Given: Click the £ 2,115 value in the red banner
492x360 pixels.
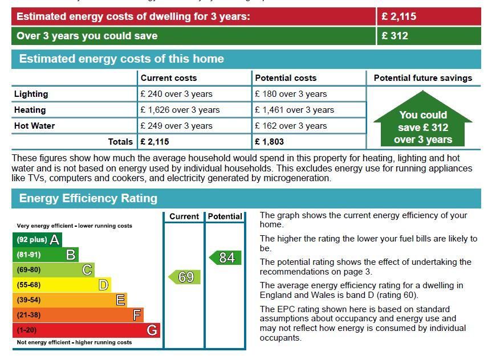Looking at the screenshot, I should [399, 17].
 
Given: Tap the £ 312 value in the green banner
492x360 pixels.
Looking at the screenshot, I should [395, 36].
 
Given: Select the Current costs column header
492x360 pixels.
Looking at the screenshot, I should [169, 78].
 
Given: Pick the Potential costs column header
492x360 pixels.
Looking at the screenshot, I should [286, 78].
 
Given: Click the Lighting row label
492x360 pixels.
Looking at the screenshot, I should [31, 94].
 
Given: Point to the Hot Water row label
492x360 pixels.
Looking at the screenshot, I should [35, 126].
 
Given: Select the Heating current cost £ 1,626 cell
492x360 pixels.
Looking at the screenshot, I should [180, 110].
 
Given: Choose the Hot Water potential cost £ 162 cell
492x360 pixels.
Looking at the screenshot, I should [291, 126].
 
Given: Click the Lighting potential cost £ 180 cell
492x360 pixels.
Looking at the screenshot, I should [291, 94].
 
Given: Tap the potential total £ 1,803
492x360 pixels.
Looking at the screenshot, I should [269, 142].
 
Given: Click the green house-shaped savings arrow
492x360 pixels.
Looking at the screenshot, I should [422, 126].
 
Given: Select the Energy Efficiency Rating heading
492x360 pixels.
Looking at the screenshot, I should [88, 198].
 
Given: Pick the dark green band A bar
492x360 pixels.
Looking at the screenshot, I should [36, 240].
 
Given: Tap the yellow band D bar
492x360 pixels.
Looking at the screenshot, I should [61, 285].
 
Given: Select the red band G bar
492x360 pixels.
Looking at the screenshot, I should [86, 330].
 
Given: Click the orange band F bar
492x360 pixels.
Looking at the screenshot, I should [78, 315].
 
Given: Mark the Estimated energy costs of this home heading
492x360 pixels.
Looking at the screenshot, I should [121, 59].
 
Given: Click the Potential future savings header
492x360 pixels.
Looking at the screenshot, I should [423, 78].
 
